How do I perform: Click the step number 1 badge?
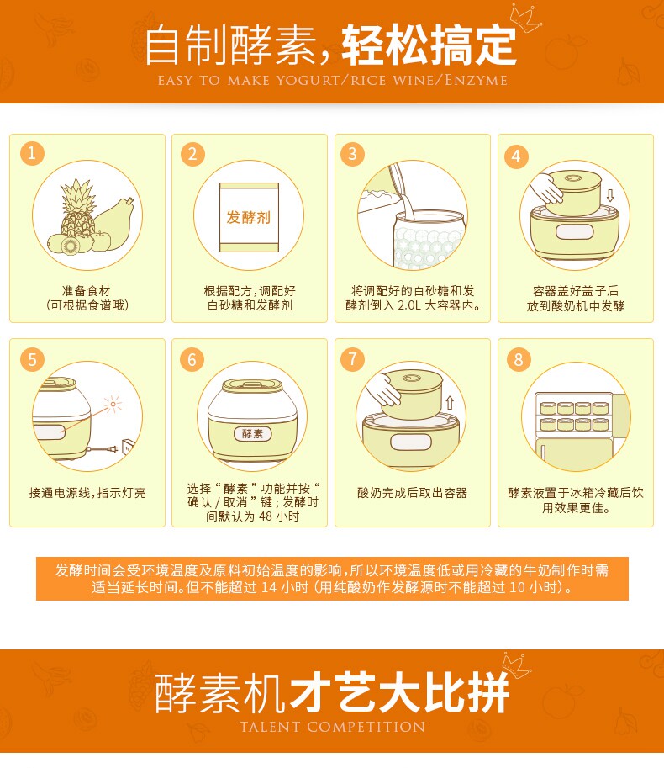(x=32, y=153)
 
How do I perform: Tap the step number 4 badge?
(x=516, y=156)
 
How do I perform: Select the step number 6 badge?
(x=192, y=359)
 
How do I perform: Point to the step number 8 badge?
(x=519, y=359)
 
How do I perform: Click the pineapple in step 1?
(x=78, y=208)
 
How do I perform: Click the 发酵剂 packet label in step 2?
(x=249, y=217)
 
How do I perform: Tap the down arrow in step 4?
(x=609, y=195)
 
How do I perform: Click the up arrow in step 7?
(x=450, y=403)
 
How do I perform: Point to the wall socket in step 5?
(x=127, y=448)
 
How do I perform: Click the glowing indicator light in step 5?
(x=113, y=404)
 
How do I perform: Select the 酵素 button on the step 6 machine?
(x=252, y=433)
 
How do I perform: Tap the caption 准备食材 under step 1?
(x=87, y=290)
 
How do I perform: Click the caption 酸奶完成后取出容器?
(x=412, y=493)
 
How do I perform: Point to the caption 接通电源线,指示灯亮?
(x=87, y=493)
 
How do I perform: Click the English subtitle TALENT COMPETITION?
(x=332, y=727)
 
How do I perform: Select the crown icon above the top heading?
(x=524, y=19)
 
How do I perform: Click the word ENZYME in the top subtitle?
(x=476, y=80)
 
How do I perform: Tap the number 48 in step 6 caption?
(x=266, y=516)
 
